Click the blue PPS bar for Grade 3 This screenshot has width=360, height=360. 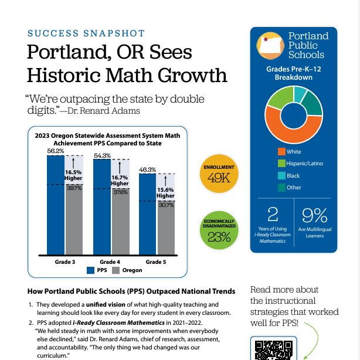click(x=56, y=205)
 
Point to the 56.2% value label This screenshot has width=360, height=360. click(x=56, y=151)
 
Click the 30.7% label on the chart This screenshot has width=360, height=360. click(x=166, y=205)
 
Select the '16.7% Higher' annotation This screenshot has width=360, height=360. click(x=120, y=180)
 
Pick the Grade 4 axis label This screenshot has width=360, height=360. click(x=110, y=261)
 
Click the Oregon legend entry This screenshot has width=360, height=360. click(x=128, y=270)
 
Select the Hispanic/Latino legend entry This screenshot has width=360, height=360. click(x=304, y=164)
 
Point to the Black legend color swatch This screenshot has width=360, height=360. click(x=281, y=175)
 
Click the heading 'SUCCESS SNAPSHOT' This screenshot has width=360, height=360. click(x=86, y=33)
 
